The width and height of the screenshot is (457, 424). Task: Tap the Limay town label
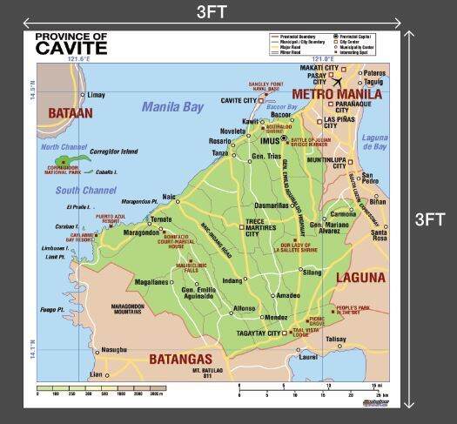(97, 94)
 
